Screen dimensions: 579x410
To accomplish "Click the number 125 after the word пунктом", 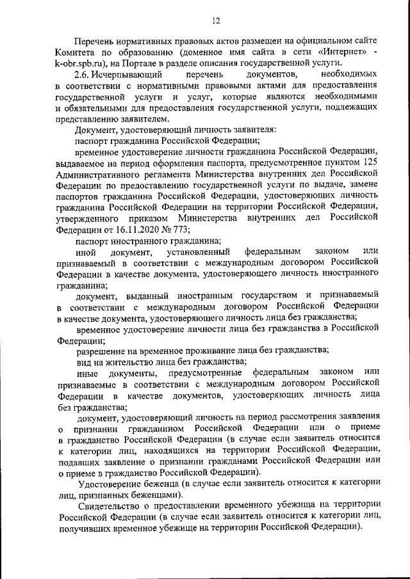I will click(x=371, y=163).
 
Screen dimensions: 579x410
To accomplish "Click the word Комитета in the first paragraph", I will click(x=78, y=51).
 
